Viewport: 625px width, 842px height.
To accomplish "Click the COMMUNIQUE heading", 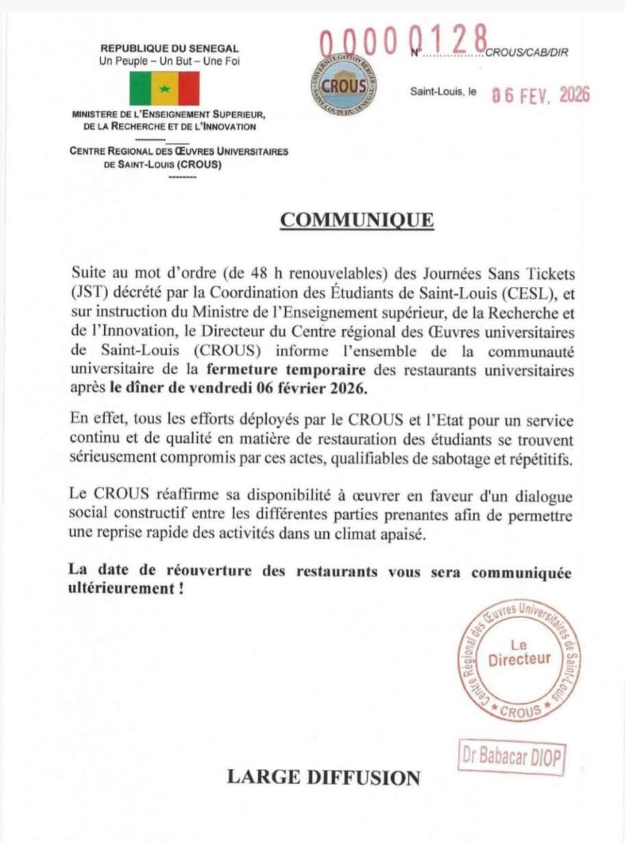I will (x=357, y=220).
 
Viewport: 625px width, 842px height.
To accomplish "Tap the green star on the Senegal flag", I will (x=164, y=89).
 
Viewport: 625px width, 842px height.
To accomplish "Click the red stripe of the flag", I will (x=188, y=89).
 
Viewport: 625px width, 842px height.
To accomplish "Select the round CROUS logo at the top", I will (x=343, y=87).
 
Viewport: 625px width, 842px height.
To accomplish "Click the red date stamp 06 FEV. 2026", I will (x=541, y=95).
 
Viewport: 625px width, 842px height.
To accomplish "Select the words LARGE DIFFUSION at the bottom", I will (x=323, y=777).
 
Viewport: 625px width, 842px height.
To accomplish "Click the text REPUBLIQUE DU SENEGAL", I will (x=169, y=49).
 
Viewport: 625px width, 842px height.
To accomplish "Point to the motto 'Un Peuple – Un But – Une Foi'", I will (x=169, y=61).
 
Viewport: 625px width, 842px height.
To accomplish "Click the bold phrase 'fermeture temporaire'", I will (x=286, y=370).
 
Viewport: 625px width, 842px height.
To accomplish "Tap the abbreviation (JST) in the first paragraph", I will (x=85, y=294).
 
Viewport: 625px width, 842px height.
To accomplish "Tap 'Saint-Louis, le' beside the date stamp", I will (x=443, y=91).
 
